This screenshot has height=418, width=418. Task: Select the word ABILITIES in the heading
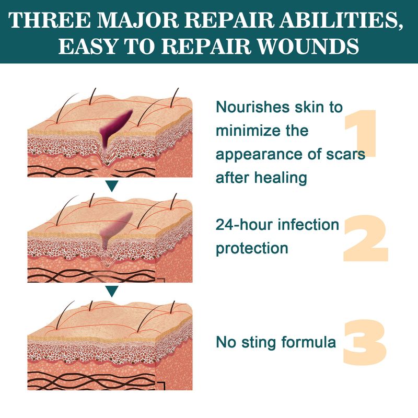(x=344, y=20)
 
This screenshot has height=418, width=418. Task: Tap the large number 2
(x=365, y=238)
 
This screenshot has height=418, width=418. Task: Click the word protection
(x=252, y=248)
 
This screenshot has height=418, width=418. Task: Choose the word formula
(x=308, y=343)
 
